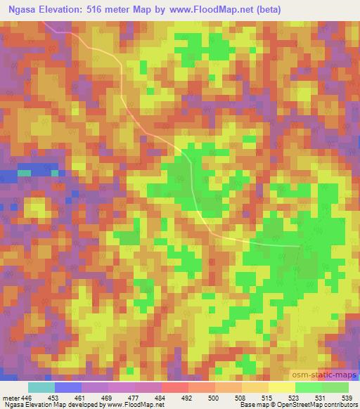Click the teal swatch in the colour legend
click(x=41, y=387)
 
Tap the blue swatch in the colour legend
click(x=68, y=387)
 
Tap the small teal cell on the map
click(x=25, y=172)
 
